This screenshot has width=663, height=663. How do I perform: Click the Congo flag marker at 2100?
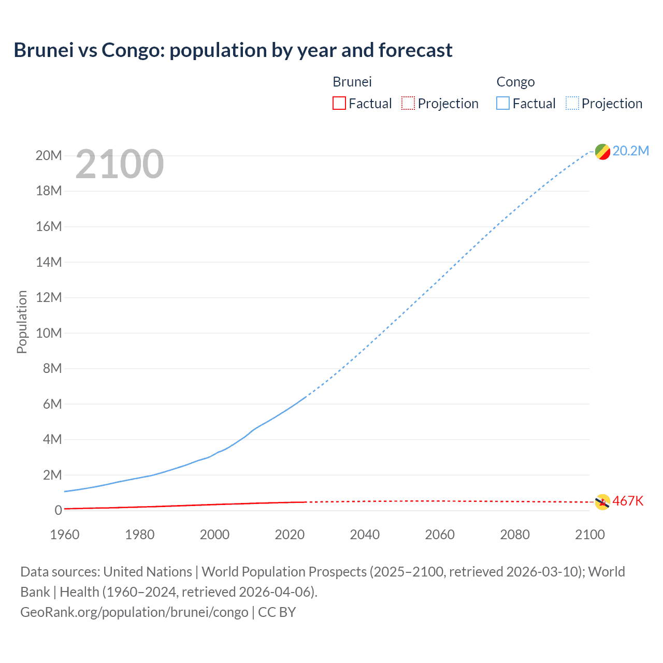point(602,152)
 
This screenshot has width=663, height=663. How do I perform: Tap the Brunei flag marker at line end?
point(602,501)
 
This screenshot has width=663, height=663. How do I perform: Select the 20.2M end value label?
point(630,151)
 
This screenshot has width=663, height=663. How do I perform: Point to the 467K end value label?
point(628,501)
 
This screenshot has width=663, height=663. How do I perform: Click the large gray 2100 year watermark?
point(120,164)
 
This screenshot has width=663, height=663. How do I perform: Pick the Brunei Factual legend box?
point(339,103)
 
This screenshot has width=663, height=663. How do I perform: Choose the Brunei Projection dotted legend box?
point(408,103)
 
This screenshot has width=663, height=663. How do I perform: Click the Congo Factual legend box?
point(502,103)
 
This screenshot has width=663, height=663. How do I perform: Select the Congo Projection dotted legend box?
point(572,103)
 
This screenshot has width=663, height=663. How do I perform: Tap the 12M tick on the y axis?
point(49,297)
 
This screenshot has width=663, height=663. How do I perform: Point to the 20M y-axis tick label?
point(49,155)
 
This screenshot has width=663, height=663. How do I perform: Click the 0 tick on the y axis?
point(58,510)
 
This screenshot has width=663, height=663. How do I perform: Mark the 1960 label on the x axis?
point(65,535)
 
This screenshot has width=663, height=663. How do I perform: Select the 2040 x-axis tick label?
point(365,535)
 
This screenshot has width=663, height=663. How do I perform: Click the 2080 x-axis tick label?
point(515,535)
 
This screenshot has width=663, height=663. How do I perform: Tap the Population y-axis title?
point(22,322)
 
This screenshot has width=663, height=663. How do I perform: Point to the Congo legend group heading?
point(515,82)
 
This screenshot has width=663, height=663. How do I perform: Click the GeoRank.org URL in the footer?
point(134,612)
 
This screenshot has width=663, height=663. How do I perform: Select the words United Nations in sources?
point(148,571)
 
